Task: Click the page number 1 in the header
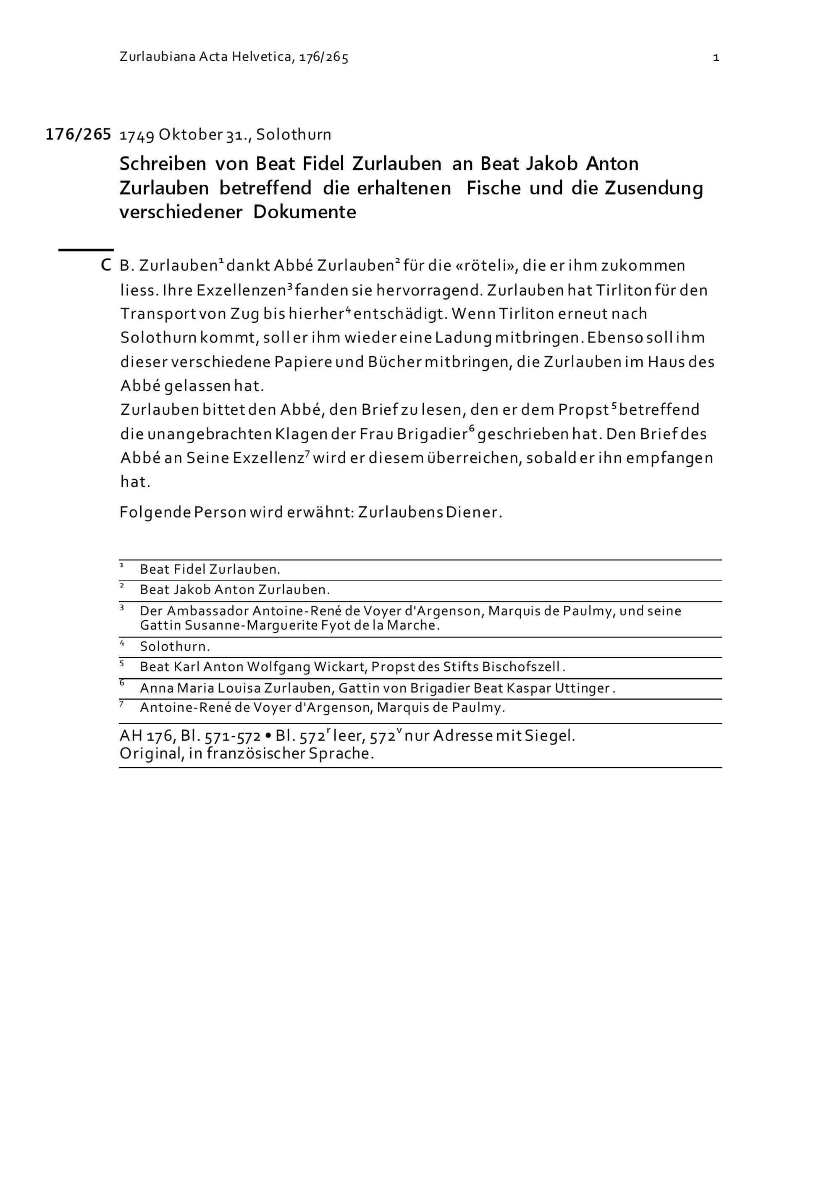click(716, 58)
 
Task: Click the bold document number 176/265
click(78, 134)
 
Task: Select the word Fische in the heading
click(493, 188)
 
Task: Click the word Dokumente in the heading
click(304, 212)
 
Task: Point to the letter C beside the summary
click(105, 266)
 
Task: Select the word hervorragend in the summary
click(429, 290)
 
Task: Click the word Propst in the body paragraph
click(583, 410)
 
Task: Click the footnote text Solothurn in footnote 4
click(175, 647)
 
